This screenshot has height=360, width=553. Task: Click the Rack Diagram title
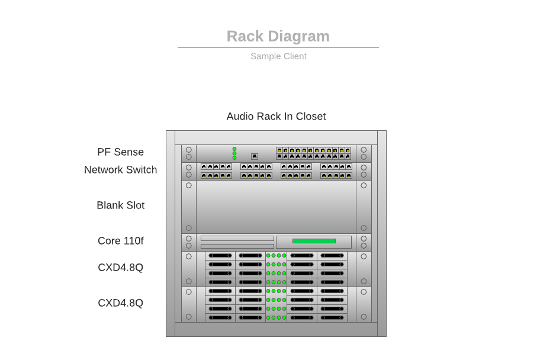pyautogui.click(x=278, y=36)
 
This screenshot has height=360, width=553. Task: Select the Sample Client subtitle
pyautogui.click(x=278, y=56)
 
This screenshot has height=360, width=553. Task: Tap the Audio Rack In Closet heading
pyautogui.click(x=276, y=116)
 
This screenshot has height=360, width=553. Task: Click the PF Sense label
pyautogui.click(x=120, y=152)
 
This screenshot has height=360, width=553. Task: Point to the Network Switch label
pyautogui.click(x=120, y=170)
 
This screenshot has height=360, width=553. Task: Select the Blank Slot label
pyautogui.click(x=120, y=205)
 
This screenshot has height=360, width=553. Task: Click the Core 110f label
pyautogui.click(x=120, y=241)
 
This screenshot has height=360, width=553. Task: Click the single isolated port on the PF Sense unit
pyautogui.click(x=255, y=156)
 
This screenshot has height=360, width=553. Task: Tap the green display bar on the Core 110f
pyautogui.click(x=314, y=241)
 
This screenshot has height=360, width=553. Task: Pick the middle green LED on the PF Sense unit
pyautogui.click(x=234, y=153)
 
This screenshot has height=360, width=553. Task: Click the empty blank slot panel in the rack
pyautogui.click(x=276, y=207)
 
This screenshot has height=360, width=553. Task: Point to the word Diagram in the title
pyautogui.click(x=298, y=36)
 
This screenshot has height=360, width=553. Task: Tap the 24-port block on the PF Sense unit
pyautogui.click(x=313, y=153)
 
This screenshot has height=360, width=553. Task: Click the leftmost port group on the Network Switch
pyautogui.click(x=216, y=171)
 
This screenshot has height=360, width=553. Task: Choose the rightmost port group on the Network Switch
pyautogui.click(x=336, y=171)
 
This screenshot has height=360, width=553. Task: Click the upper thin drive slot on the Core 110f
pyautogui.click(x=237, y=238)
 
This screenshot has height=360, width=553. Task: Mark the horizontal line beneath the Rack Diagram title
pyautogui.click(x=278, y=47)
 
